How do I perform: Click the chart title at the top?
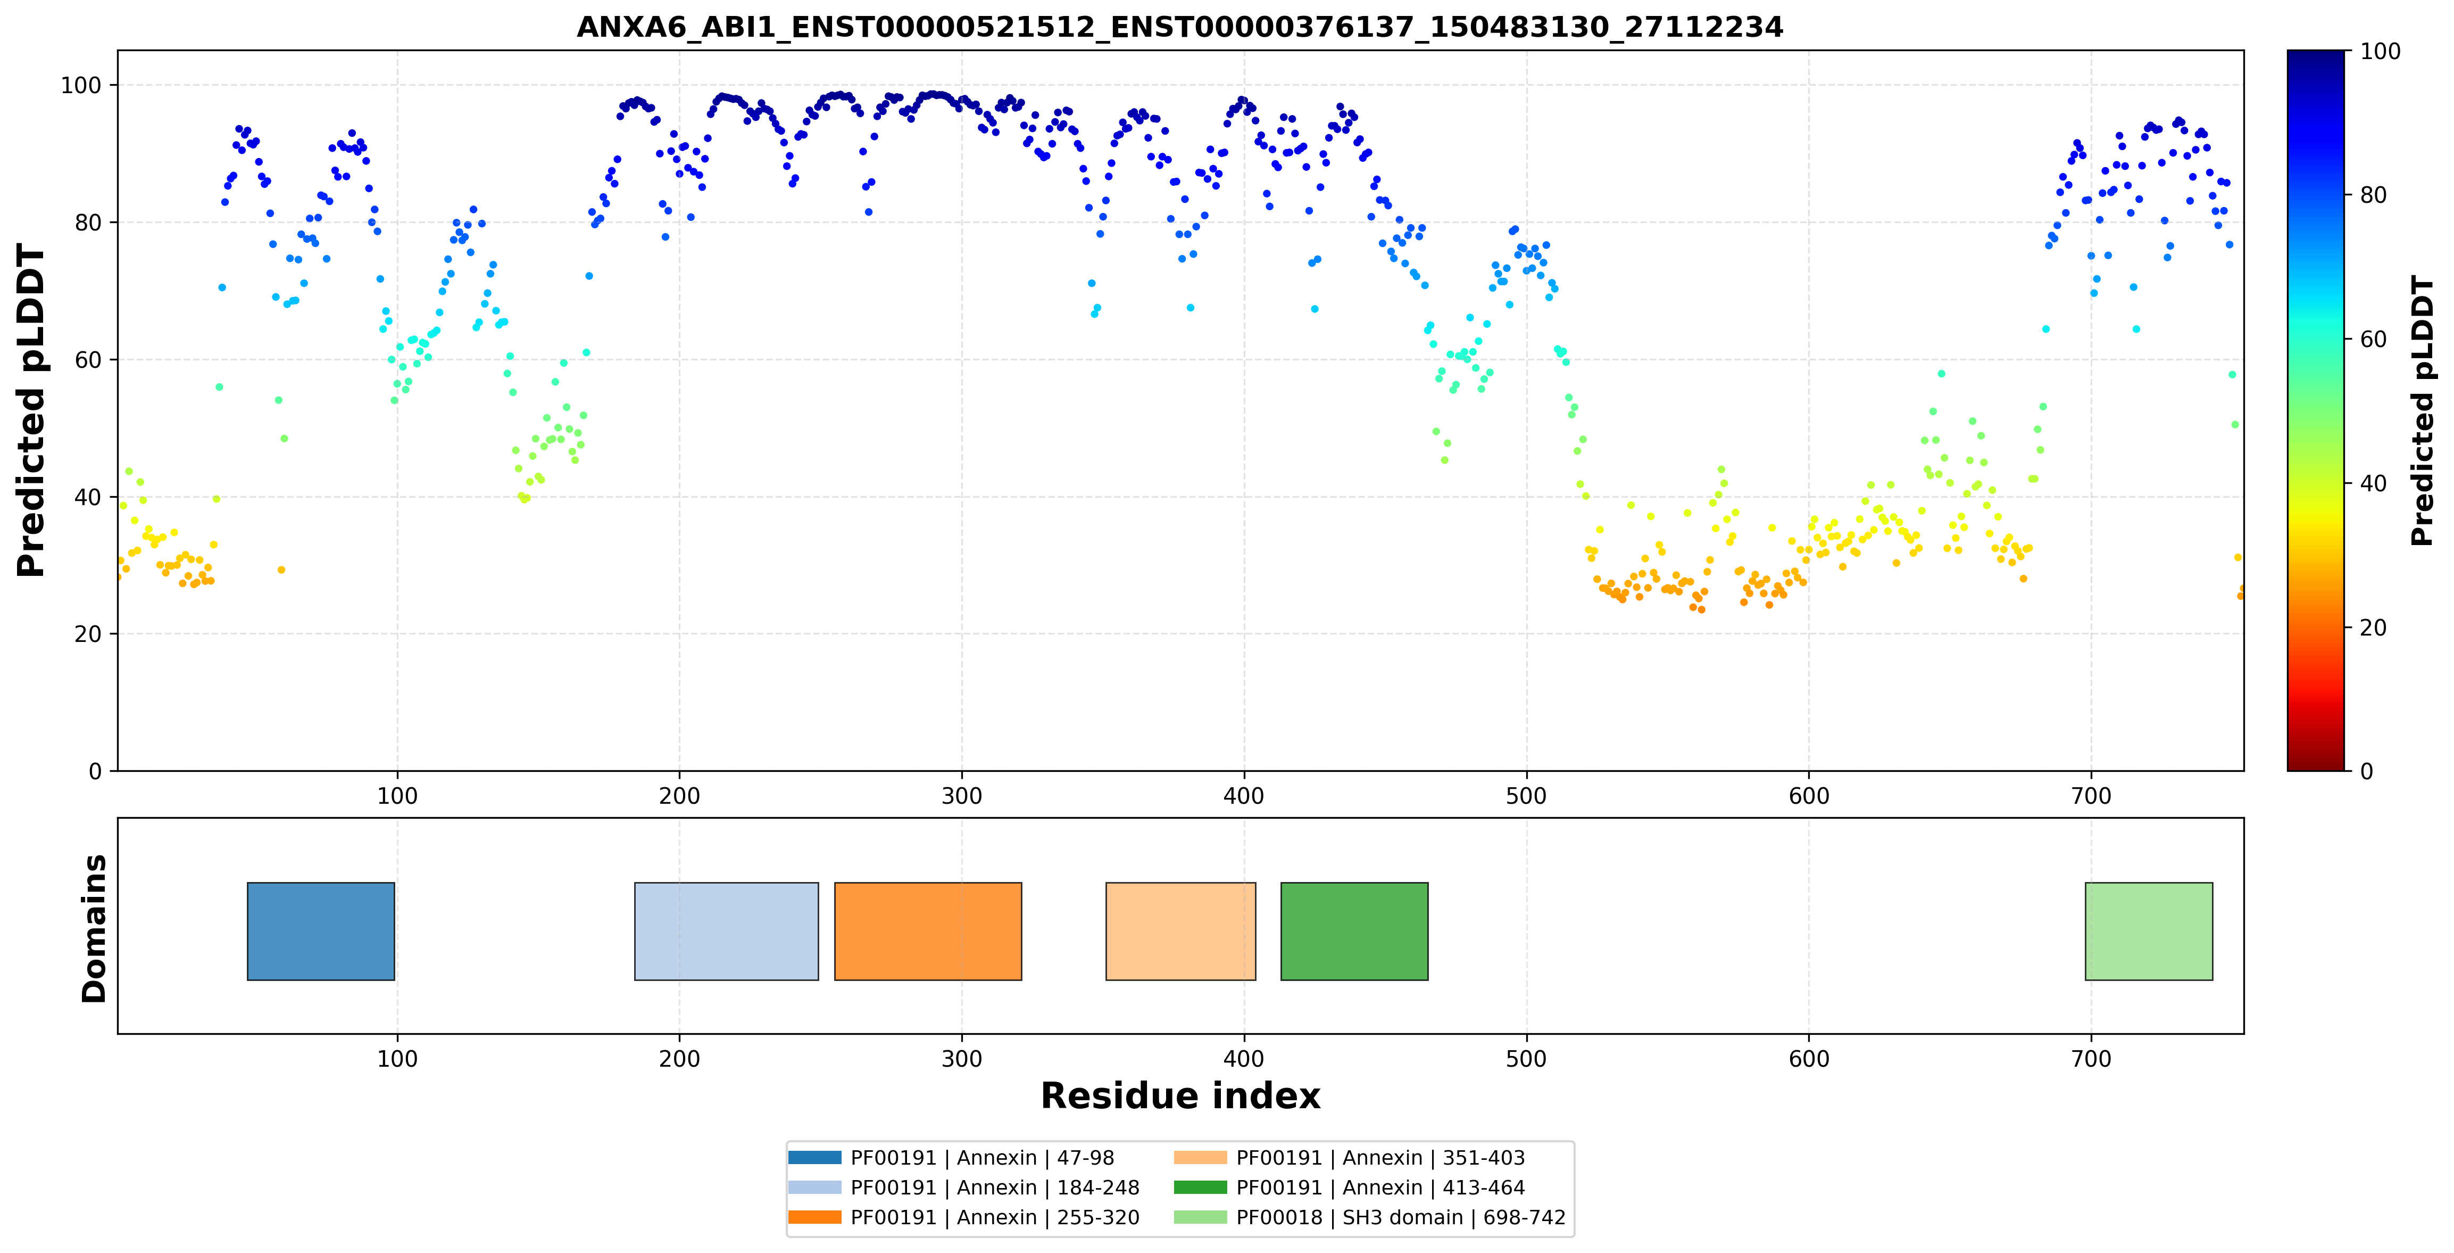click(1179, 27)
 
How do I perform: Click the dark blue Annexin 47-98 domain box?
click(321, 931)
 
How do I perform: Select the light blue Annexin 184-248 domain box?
click(726, 931)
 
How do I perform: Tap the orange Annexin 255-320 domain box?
click(928, 931)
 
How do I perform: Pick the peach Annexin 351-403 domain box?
click(1180, 931)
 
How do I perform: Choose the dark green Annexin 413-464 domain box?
click(1354, 931)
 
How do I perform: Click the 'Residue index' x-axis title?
click(1180, 1096)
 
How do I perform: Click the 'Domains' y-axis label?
click(94, 928)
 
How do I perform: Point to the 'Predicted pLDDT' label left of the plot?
click(31, 411)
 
